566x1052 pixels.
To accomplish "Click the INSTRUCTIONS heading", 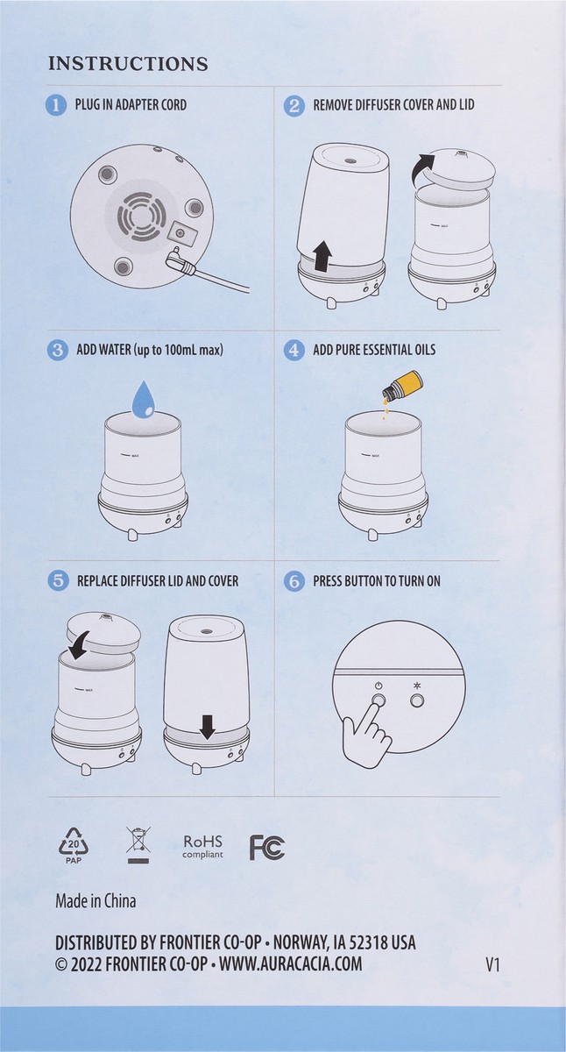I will pyautogui.click(x=128, y=64).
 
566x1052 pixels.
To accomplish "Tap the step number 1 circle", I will pyautogui.click(x=57, y=105).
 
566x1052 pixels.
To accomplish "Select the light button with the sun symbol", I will pyautogui.click(x=417, y=700).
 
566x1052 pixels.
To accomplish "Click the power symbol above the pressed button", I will pyautogui.click(x=378, y=685).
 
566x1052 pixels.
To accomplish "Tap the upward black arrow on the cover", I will pyautogui.click(x=322, y=256).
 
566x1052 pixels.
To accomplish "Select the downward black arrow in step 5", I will pyautogui.click(x=207, y=727).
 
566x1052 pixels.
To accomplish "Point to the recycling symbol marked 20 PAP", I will pyautogui.click(x=74, y=845).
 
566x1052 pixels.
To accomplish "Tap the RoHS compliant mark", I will pyautogui.click(x=203, y=846).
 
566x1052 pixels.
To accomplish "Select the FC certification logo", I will pyautogui.click(x=267, y=847).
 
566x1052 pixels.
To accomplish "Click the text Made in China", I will pyautogui.click(x=96, y=900).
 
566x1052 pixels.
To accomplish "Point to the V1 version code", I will pyautogui.click(x=492, y=964).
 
